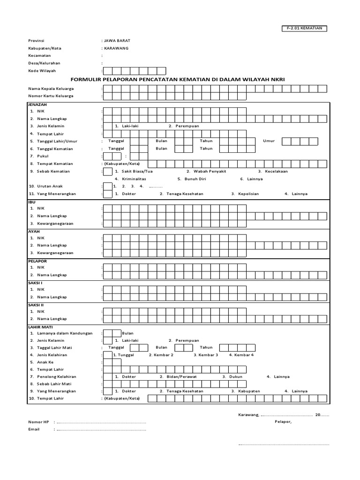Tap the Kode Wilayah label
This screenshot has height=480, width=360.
(42, 71)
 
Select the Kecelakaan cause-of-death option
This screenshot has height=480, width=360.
(276, 171)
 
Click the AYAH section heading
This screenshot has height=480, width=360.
(34, 231)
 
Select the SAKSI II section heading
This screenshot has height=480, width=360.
(37, 304)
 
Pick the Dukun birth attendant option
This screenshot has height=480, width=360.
(235, 376)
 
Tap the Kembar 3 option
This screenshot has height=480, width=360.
(208, 355)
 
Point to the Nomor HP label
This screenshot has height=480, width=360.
(38, 422)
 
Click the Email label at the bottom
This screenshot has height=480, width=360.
(34, 429)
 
